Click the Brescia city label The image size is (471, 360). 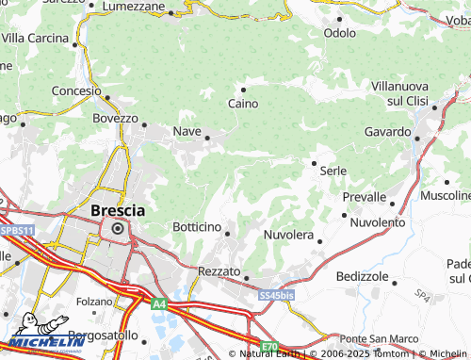pos(118,210)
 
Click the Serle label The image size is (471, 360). pos(333,171)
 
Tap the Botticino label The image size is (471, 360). pos(198,228)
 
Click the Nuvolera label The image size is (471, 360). pos(288,234)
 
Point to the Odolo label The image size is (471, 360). pos(339,32)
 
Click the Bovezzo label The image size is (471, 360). pos(115,120)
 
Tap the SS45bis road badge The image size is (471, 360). pos(276,295)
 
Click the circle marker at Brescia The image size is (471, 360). pos(118,228)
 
